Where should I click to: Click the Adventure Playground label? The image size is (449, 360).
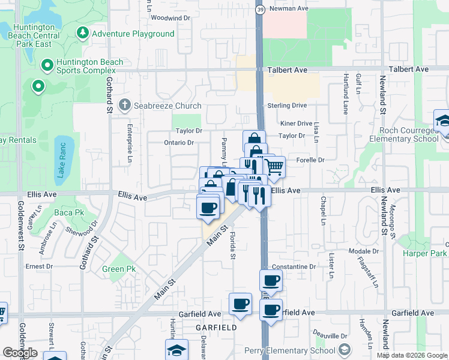coord(133,34)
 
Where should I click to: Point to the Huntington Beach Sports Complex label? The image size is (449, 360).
coord(90,66)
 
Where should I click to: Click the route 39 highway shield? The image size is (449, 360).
coord(259,10)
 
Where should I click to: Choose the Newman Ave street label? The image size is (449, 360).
coord(289,9)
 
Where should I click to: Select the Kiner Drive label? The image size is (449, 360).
coord(297,124)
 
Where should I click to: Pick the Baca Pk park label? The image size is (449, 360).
coord(70,213)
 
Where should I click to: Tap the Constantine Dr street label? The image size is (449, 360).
coord(294,266)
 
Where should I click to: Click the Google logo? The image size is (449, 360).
coord(20,352)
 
